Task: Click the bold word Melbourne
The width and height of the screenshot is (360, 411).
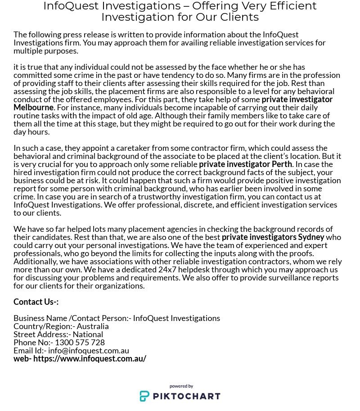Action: point(34,108)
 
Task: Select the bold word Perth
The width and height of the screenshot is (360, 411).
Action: point(282,164)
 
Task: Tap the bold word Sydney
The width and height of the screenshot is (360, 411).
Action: point(311,237)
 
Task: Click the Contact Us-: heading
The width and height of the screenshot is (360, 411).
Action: point(36,302)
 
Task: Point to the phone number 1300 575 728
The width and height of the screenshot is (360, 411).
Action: point(80,343)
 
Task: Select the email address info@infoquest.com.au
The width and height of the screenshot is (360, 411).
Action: point(89,351)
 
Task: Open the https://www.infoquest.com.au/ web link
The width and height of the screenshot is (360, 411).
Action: point(90,359)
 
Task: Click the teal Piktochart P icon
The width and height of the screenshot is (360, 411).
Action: point(144,396)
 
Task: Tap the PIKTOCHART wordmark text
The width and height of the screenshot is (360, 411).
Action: point(186,396)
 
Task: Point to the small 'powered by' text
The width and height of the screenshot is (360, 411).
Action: point(181,386)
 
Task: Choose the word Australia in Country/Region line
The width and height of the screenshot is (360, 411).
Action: point(93,326)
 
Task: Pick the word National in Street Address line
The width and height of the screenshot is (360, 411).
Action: point(88,334)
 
